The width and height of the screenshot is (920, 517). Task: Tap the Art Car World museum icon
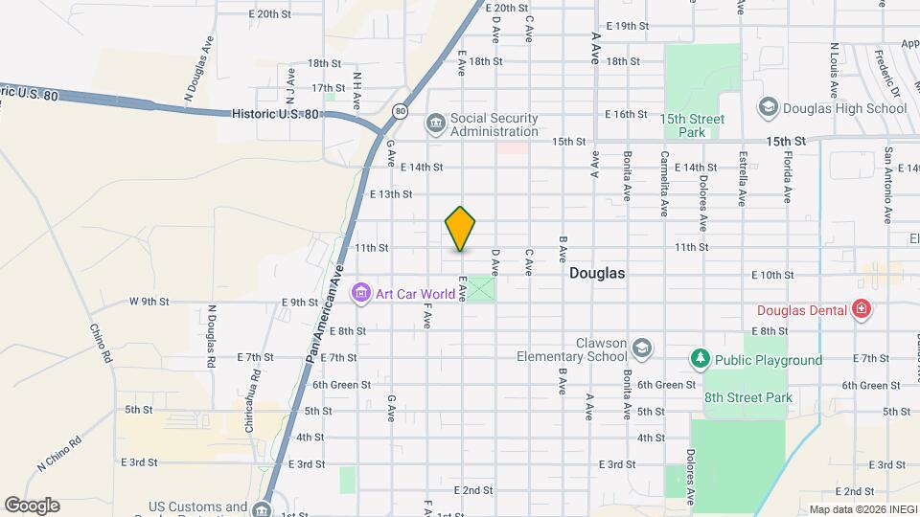[x=360, y=292]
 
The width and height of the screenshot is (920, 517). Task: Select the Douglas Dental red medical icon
[x=861, y=309]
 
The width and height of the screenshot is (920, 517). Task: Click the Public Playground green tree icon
[x=701, y=359]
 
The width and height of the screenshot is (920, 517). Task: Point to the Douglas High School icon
[x=767, y=107]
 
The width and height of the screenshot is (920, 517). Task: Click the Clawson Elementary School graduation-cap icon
[x=641, y=347]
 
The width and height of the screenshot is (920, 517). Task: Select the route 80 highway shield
[x=400, y=111]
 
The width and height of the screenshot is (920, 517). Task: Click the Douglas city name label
[x=597, y=273]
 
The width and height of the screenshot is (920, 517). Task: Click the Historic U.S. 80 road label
[x=275, y=113]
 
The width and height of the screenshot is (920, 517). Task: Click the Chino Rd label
[x=102, y=345]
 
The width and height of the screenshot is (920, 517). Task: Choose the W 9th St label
[x=149, y=301]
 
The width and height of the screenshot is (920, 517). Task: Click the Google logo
[x=32, y=505]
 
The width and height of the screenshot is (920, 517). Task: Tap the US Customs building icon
[x=260, y=509]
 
